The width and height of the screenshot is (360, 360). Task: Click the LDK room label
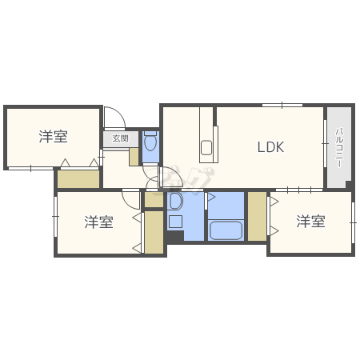[270, 147]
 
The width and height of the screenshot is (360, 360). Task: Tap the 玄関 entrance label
[119, 138]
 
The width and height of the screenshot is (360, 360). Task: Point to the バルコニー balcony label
[339, 147]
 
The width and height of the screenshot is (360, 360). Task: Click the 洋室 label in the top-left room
[53, 137]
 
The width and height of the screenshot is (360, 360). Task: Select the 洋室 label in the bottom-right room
[310, 222]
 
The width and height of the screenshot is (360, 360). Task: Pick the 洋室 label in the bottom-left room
[98, 222]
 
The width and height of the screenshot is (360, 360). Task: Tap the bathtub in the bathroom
[225, 230]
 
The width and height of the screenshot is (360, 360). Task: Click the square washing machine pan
[175, 221]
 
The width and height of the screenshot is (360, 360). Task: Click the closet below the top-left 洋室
[78, 178]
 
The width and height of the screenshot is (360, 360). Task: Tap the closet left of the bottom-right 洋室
[257, 216]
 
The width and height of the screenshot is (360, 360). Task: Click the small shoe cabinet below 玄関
[134, 156]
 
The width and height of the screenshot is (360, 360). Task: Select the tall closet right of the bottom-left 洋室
[154, 232]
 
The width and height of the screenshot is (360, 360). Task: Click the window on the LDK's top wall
[282, 105]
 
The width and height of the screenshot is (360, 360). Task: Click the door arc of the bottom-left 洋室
[131, 198]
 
